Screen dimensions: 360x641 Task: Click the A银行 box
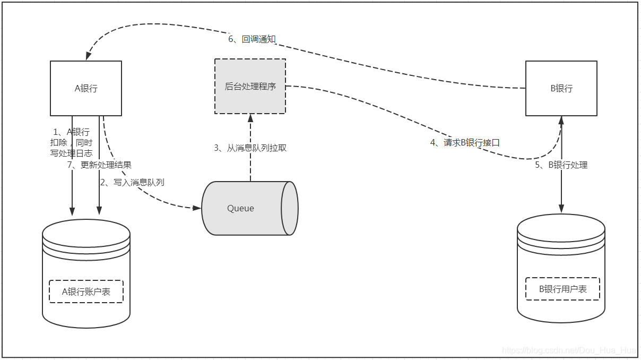(86, 88)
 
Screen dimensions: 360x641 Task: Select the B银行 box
(561, 88)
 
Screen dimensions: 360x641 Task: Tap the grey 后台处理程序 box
(250, 86)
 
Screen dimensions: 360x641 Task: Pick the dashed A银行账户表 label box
(86, 292)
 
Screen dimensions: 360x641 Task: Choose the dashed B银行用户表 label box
(562, 289)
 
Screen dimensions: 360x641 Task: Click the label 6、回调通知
(252, 39)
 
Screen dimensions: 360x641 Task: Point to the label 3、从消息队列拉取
(250, 148)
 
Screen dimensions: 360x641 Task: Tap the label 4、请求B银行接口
(465, 142)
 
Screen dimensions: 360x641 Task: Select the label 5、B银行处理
(561, 165)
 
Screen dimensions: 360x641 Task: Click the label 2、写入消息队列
(132, 182)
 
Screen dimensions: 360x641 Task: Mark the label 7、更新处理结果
(99, 165)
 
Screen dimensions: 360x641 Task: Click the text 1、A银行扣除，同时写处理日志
(71, 142)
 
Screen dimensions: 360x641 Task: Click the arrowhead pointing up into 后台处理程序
(250, 118)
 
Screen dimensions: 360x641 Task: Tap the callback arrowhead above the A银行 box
(88, 56)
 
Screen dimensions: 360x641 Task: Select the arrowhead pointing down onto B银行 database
(561, 209)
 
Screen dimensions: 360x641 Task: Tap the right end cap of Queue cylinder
(290, 208)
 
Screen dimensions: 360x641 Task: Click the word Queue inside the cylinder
(240, 208)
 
